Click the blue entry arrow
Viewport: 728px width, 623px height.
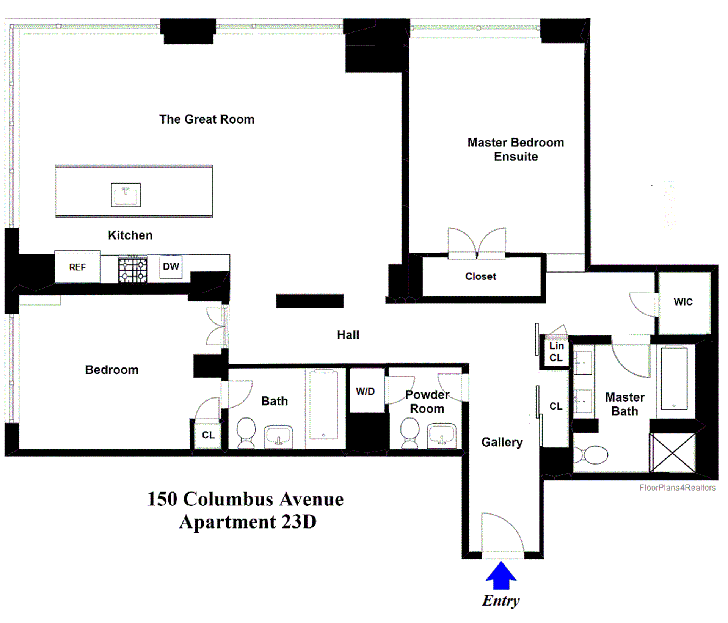coord(501,576)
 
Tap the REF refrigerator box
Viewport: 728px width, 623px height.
coord(77,267)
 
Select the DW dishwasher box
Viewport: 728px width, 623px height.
coord(171,267)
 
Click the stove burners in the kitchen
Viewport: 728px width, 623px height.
coord(133,270)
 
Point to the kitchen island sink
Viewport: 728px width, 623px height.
coord(126,195)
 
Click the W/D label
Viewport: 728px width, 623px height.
coord(365,391)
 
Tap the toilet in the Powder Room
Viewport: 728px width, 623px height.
coord(409,432)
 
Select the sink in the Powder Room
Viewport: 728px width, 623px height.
coord(441,435)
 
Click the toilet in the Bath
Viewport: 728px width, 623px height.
coord(246,432)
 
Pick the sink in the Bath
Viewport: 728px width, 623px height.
coord(278,436)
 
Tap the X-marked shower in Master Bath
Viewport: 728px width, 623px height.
coord(672,453)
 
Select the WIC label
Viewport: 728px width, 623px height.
coord(683,302)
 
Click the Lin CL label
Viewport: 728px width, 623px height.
coord(556,352)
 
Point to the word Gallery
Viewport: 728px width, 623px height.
coord(502,442)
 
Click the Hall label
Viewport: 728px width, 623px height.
coord(348,335)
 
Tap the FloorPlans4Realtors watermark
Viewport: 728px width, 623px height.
coord(677,488)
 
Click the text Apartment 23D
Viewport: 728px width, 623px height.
coord(248,522)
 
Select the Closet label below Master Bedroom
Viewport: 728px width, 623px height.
coord(480,276)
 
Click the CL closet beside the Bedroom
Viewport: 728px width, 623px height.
coord(208,435)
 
